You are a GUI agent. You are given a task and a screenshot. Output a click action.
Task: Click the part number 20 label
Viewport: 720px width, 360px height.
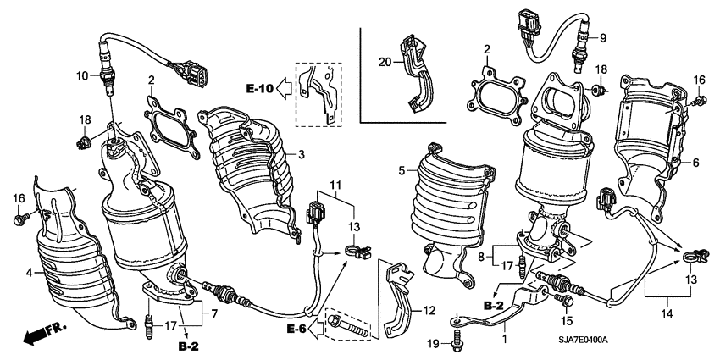click(x=385, y=63)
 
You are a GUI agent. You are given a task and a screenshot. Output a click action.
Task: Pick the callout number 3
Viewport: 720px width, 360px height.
click(x=299, y=154)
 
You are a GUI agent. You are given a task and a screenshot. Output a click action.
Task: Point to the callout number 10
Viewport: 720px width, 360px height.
click(x=83, y=75)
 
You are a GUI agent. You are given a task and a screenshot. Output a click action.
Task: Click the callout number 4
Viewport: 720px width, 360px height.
click(x=30, y=273)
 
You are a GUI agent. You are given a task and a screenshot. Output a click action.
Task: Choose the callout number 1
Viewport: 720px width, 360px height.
click(x=507, y=341)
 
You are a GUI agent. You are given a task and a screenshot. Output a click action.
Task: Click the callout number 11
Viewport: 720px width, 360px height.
click(x=335, y=184)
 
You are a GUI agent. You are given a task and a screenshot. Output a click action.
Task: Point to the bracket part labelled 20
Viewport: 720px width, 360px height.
click(x=417, y=72)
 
